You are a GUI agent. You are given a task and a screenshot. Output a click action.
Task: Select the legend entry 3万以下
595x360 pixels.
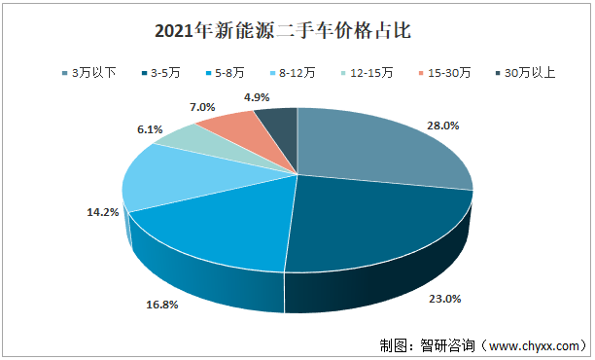click(94, 73)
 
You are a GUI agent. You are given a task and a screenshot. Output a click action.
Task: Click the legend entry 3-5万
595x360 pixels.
click(165, 73)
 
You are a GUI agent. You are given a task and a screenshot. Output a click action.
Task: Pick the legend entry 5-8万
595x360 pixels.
click(228, 73)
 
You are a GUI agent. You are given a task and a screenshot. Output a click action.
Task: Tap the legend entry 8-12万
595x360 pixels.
click(299, 73)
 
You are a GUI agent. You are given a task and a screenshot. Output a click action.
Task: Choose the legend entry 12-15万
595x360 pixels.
click(371, 73)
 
